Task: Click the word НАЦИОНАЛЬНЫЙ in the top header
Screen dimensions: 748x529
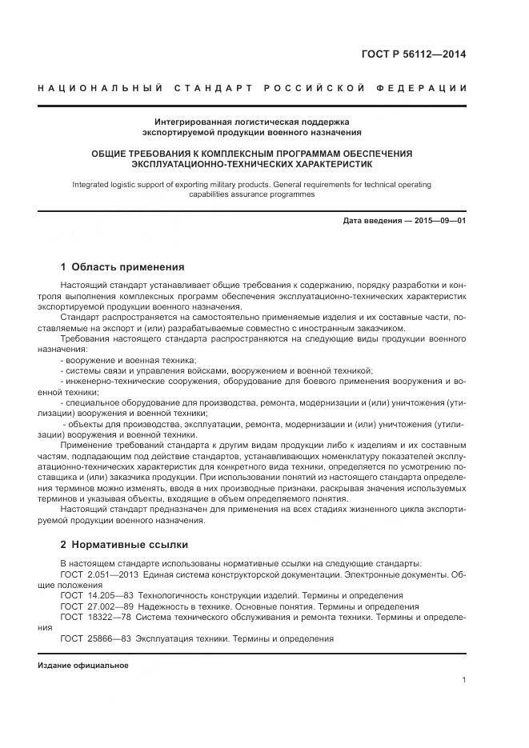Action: click(100, 87)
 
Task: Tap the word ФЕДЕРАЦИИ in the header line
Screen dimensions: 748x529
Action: click(427, 87)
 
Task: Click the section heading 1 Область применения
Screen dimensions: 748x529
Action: click(122, 267)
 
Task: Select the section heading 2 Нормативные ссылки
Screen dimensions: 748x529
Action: click(124, 545)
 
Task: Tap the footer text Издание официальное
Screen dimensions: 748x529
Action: click(82, 666)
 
